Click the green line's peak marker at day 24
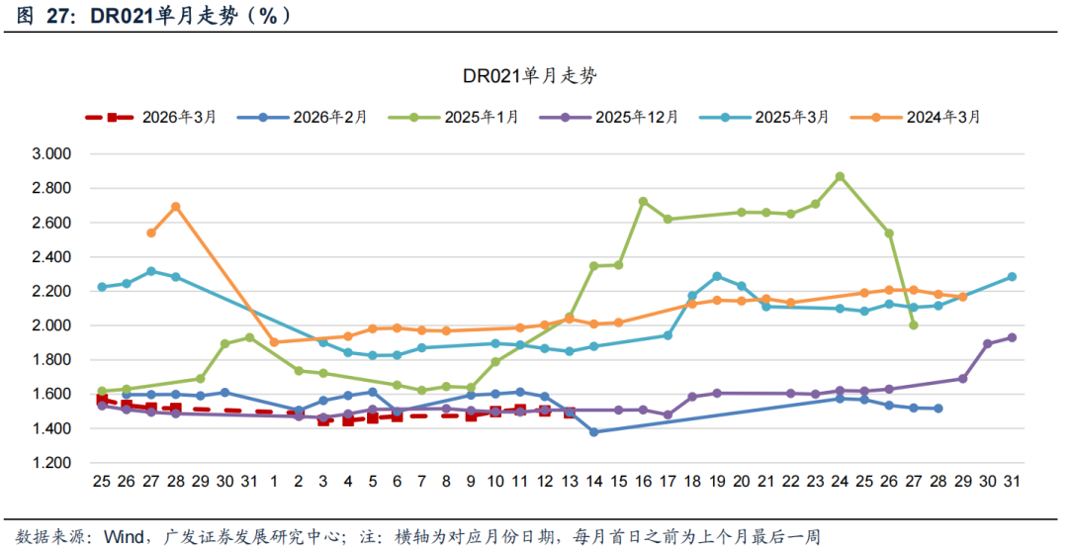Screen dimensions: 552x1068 click(840, 177)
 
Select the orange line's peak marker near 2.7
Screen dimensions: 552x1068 click(175, 207)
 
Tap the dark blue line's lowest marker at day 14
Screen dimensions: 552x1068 click(593, 432)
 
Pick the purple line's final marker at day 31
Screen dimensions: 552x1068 click(1012, 337)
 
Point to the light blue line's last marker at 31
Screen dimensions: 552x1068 click(1012, 277)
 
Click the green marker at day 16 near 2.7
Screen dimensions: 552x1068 click(643, 201)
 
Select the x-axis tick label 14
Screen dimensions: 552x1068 click(593, 482)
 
